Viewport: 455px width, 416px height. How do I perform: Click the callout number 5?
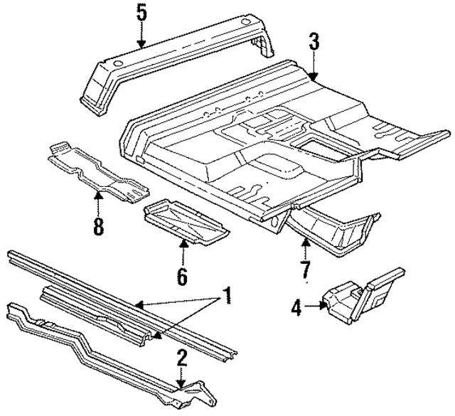[x=141, y=13]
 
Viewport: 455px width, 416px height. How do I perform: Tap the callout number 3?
[x=314, y=42]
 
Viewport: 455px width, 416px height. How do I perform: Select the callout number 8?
[x=97, y=226]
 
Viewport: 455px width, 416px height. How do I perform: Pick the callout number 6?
[x=182, y=275]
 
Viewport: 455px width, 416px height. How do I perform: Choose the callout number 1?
[x=227, y=294]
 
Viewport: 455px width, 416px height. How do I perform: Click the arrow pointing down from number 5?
[x=141, y=36]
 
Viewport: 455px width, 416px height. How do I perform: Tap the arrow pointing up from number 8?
[x=97, y=203]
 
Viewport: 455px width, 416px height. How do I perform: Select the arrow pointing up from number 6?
[x=183, y=252]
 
